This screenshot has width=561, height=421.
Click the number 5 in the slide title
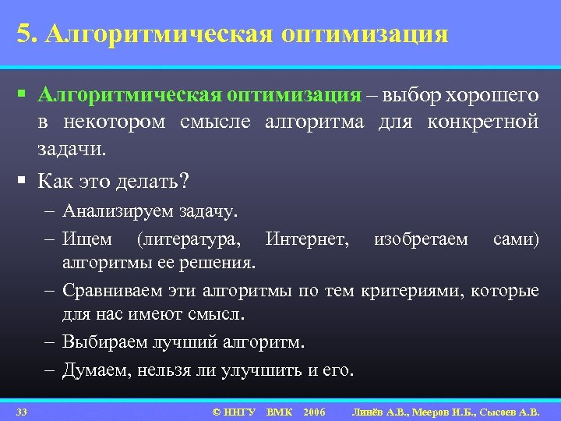(x=23, y=34)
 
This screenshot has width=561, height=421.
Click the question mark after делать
(x=184, y=181)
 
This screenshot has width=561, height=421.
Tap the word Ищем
(x=87, y=239)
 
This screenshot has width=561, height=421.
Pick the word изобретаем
(x=421, y=239)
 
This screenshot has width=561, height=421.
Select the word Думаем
(x=97, y=370)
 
